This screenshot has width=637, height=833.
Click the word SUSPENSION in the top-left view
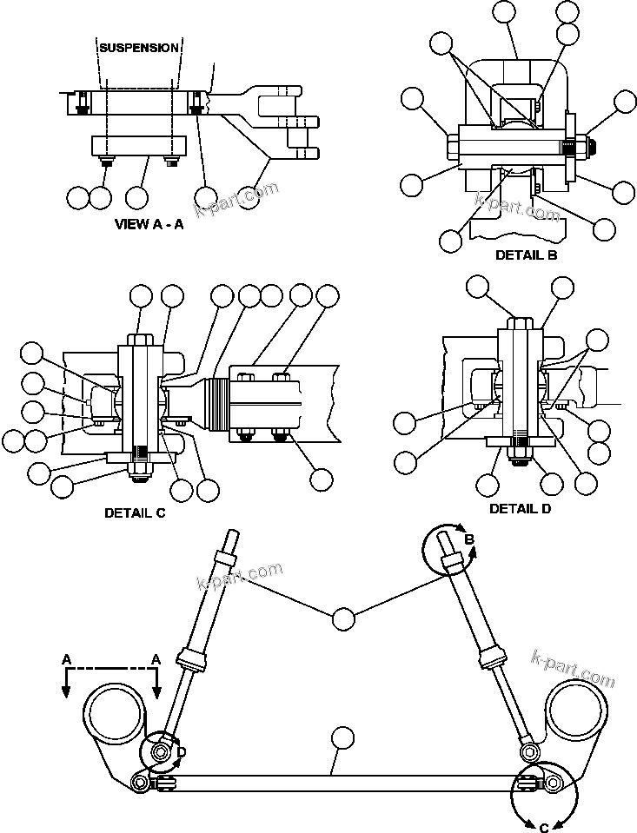click(139, 48)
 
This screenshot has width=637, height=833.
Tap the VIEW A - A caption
click(149, 224)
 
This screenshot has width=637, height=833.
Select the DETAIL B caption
click(526, 255)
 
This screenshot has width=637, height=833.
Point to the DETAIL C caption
click(135, 512)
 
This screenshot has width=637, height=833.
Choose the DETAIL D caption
click(520, 508)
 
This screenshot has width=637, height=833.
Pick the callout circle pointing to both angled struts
click(343, 618)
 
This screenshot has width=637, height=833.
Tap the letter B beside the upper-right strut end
click(468, 540)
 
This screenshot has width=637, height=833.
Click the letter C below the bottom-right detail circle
click(544, 827)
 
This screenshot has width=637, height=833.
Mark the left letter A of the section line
click(66, 660)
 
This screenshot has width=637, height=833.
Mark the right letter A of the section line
click(156, 660)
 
